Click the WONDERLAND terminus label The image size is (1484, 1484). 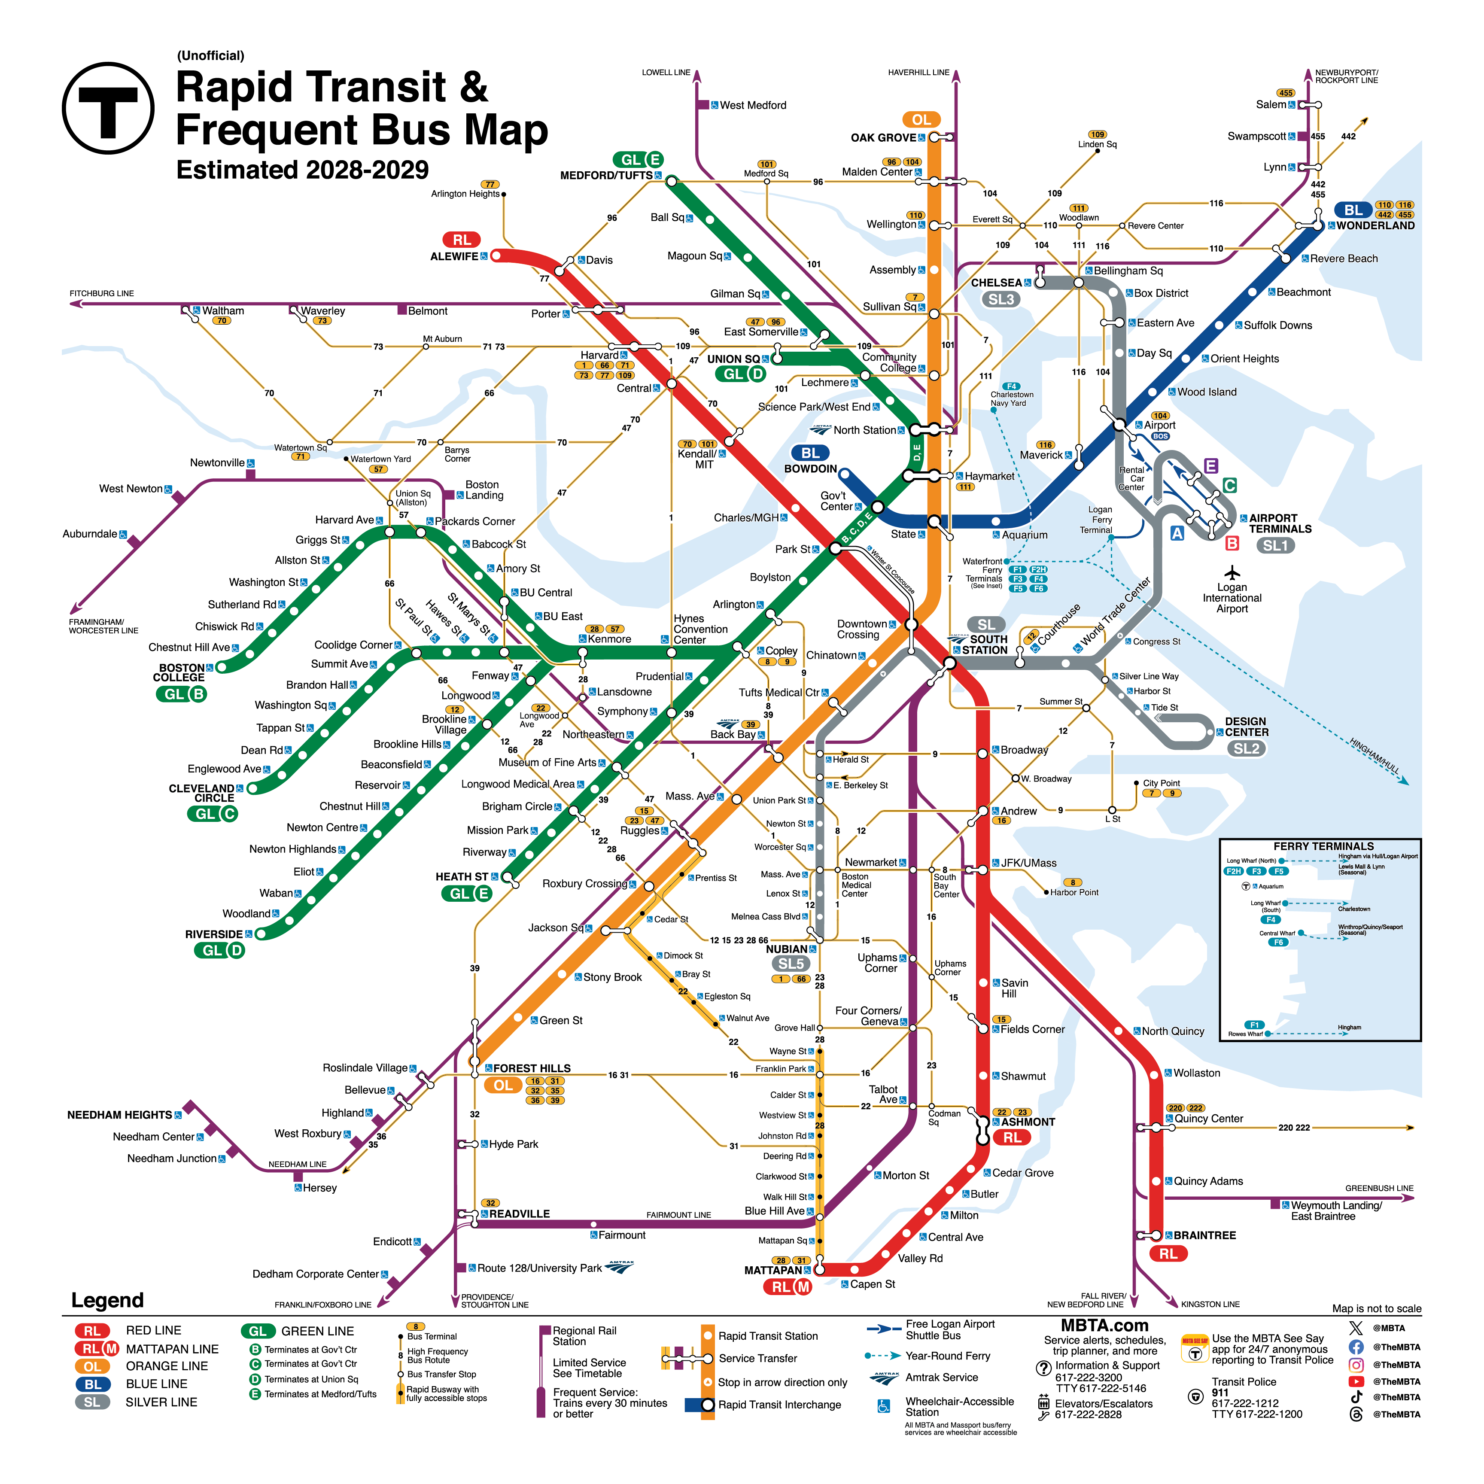pyautogui.click(x=1375, y=226)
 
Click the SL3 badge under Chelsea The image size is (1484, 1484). pyautogui.click(x=1001, y=300)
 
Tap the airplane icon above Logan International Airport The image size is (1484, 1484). pyautogui.click(x=1232, y=573)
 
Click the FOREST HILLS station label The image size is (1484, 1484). pyautogui.click(x=532, y=1068)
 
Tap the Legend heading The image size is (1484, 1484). pyautogui.click(x=107, y=1300)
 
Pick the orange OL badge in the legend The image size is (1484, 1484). pyautogui.click(x=92, y=1366)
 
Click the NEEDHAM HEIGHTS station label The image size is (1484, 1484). pyautogui.click(x=120, y=1115)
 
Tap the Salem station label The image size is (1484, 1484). pyautogui.click(x=1271, y=104)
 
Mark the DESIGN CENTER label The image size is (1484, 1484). pyautogui.click(x=1246, y=727)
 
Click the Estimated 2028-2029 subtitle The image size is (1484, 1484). pyautogui.click(x=303, y=170)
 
